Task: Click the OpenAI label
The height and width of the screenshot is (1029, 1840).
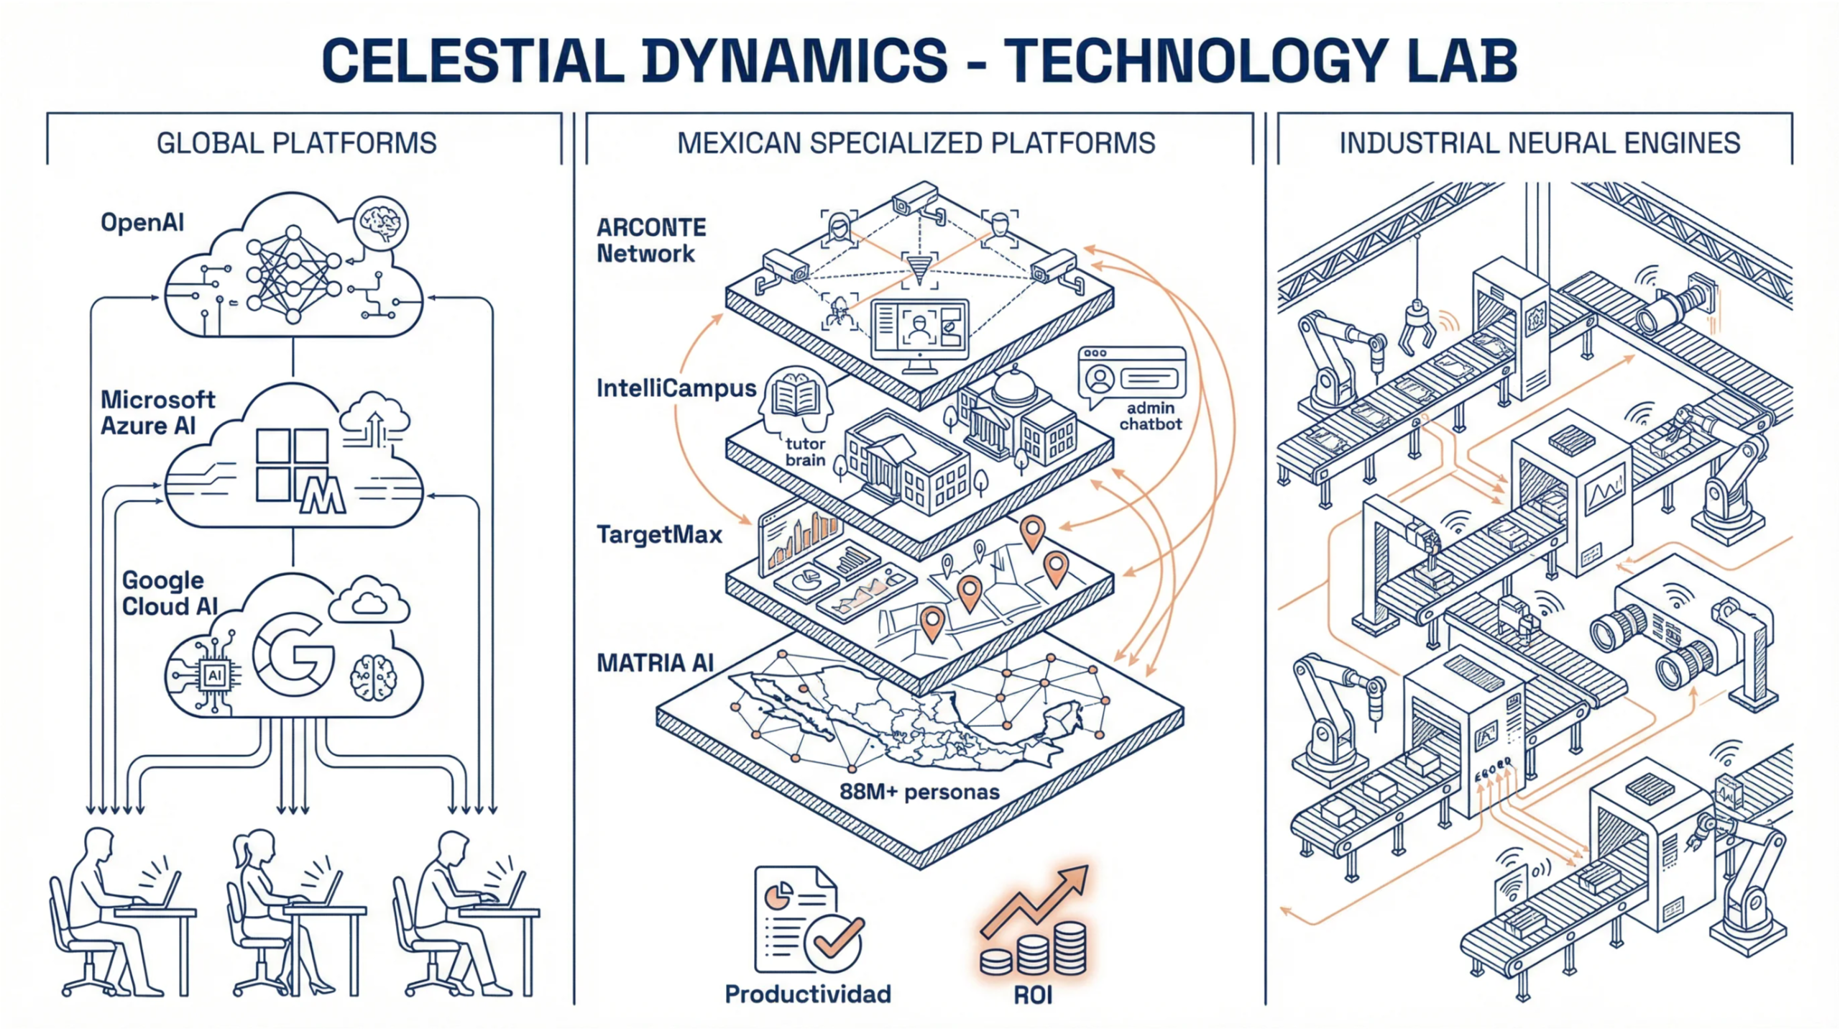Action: click(x=142, y=222)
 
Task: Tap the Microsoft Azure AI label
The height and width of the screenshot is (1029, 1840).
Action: click(x=157, y=413)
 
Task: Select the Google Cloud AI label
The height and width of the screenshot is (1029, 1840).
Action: click(x=170, y=593)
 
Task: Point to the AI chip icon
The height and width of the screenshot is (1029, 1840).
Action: click(x=214, y=675)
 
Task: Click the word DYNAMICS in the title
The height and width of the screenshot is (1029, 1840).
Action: click(x=794, y=60)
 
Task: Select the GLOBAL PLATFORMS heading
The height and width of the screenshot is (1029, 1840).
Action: click(x=296, y=143)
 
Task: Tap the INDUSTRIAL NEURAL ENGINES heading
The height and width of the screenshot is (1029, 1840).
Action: click(x=1540, y=143)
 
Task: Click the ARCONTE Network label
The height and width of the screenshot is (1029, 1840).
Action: click(x=651, y=240)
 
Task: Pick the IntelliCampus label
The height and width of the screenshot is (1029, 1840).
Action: click(x=676, y=388)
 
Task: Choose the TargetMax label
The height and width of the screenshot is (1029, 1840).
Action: click(x=659, y=534)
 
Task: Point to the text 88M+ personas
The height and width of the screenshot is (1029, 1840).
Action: click(x=919, y=792)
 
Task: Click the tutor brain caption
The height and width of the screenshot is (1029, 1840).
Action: click(x=805, y=452)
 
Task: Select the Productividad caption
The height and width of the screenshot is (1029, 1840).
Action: click(x=808, y=994)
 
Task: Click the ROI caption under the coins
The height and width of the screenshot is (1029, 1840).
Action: click(x=1033, y=995)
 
